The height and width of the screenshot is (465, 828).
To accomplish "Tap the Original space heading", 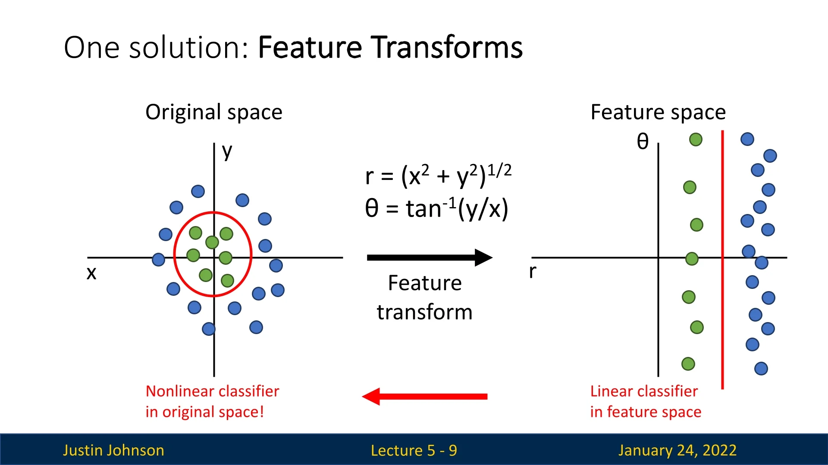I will pos(214,112).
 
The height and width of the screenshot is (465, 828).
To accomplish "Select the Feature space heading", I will pos(658,112).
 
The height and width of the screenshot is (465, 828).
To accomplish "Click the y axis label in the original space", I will pos(227,152).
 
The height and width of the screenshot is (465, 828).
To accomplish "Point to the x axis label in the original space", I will pos(91,273).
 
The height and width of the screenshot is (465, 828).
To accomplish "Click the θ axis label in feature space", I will pos(643,141).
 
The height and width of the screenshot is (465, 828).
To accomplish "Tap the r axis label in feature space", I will pos(533,271).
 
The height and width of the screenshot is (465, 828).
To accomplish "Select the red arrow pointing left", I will pos(425,397).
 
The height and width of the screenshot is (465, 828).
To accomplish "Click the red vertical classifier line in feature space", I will pos(722,301).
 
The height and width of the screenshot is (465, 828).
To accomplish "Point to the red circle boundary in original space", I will pos(251,254).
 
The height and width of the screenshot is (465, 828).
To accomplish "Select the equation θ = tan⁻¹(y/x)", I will pos(436,209).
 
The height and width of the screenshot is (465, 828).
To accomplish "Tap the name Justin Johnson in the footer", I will pos(113,450).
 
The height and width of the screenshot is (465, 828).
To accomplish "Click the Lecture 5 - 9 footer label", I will pos(414,450).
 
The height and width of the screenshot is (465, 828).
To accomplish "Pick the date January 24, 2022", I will pos(677,450).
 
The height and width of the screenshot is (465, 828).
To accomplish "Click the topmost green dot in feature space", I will pos(696,139).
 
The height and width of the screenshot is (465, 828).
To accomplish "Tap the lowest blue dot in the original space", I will pos(209,329).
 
